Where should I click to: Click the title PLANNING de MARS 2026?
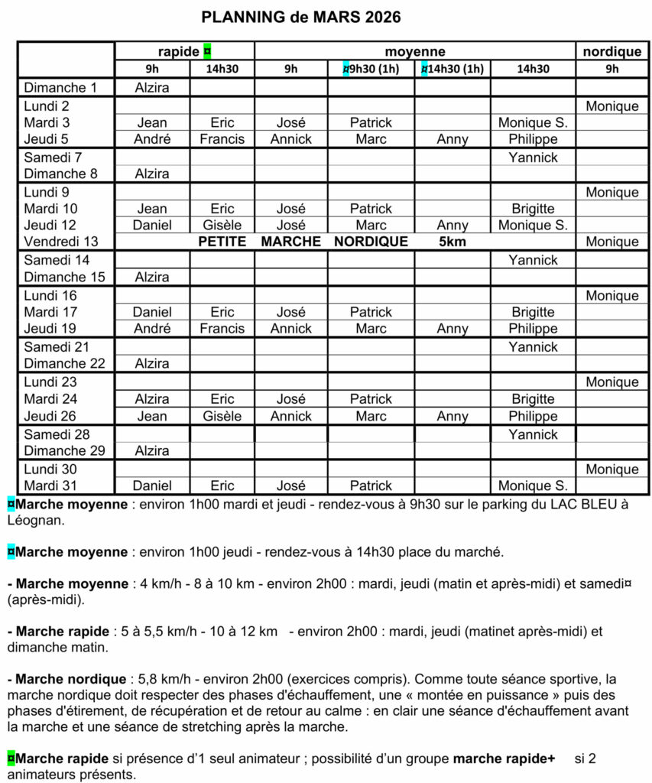coord(300,17)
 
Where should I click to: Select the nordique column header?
coord(611,51)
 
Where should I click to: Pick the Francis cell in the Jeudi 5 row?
coord(222,139)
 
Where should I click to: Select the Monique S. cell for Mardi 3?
coord(533,122)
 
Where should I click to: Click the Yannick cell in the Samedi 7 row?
coord(533,158)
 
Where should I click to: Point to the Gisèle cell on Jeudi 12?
coord(222,226)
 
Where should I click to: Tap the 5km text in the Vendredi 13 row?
coord(452,242)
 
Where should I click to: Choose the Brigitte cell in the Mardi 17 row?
coord(533,312)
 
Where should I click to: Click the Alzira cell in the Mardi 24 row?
coord(152,399)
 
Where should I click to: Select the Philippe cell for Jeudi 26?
coord(533,417)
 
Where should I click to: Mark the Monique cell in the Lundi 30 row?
coord(611,469)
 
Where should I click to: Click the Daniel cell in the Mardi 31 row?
coord(152,486)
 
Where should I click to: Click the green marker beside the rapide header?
coord(207,51)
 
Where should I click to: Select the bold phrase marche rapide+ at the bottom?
coord(504,759)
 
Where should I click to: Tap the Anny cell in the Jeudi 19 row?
coord(452,329)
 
